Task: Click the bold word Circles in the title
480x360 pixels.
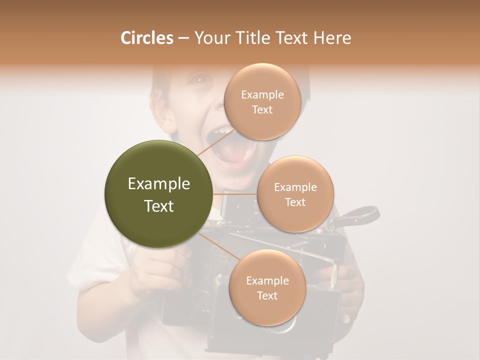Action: tap(146, 38)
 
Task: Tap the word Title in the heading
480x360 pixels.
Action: tap(250, 38)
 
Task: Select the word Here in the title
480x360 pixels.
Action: tap(332, 38)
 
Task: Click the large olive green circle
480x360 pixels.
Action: tap(158, 194)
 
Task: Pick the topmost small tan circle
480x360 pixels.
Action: tap(262, 101)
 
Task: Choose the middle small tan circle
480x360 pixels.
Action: tap(295, 194)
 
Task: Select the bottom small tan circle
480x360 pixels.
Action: tap(267, 287)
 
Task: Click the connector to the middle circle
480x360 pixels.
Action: tap(234, 194)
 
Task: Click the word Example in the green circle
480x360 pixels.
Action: tap(158, 184)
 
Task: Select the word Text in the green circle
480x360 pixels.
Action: tap(158, 205)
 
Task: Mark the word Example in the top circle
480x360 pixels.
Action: tap(262, 95)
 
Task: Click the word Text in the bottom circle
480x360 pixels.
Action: tap(267, 295)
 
